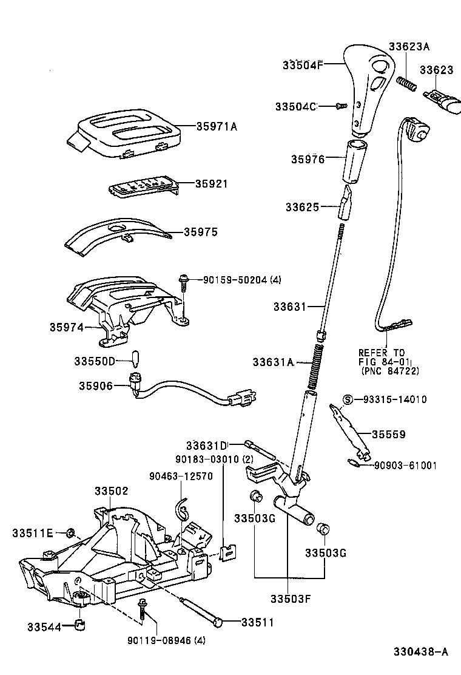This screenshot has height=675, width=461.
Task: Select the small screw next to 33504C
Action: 341,106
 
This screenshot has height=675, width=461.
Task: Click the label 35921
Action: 211,183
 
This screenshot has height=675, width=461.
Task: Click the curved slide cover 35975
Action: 115,237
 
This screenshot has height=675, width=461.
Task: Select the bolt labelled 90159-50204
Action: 181,280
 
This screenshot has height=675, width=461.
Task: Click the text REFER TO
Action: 381,353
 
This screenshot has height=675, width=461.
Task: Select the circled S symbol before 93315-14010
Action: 348,399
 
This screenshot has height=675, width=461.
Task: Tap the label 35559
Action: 389,435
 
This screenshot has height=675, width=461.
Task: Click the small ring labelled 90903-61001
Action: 354,464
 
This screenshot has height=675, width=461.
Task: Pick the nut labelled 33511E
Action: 70,533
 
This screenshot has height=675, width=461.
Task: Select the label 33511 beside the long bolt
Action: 258,622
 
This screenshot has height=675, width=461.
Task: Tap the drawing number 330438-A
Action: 420,652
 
